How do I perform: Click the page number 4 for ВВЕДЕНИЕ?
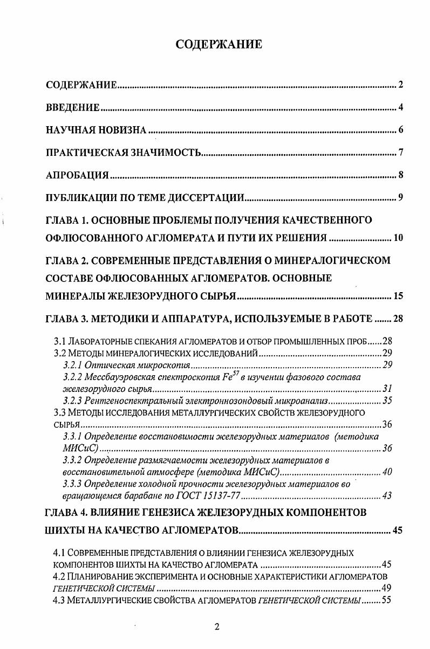(x=401, y=108)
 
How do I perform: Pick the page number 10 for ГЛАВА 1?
(x=398, y=238)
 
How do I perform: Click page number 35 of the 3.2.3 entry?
(x=387, y=401)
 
